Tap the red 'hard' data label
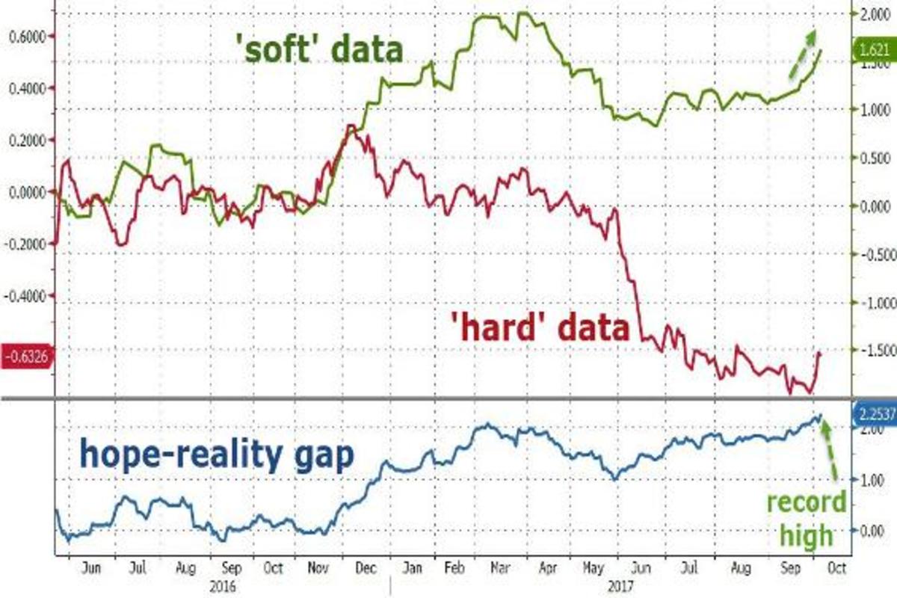click(x=540, y=327)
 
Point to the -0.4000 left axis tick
click(x=25, y=296)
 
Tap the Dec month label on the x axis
click(x=367, y=568)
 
